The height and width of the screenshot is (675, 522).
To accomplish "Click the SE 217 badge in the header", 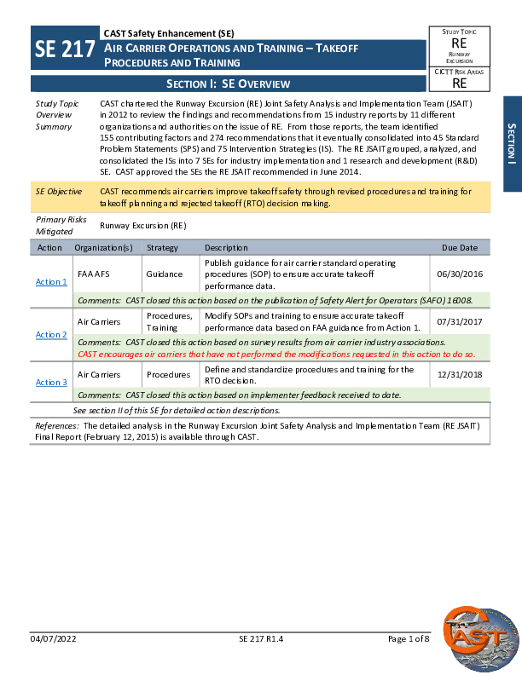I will click(x=65, y=49).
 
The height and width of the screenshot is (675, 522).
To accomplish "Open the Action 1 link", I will click(x=51, y=281).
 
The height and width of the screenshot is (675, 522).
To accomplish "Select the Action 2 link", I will click(x=51, y=335).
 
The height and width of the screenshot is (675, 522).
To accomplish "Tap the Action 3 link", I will click(x=51, y=382).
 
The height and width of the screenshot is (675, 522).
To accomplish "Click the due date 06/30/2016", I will click(x=459, y=274).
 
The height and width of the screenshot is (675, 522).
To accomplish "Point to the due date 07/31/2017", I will click(x=459, y=322).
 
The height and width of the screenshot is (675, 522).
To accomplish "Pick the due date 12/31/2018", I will click(x=459, y=375).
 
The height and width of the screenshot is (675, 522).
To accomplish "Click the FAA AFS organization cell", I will click(x=94, y=274).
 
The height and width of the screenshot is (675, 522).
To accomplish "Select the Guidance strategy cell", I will click(x=165, y=274).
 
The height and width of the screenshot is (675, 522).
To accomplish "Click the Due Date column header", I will click(x=460, y=248).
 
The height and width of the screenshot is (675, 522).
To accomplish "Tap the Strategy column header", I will click(x=162, y=248).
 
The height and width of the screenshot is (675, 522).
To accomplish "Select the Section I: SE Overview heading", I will click(x=228, y=84).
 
